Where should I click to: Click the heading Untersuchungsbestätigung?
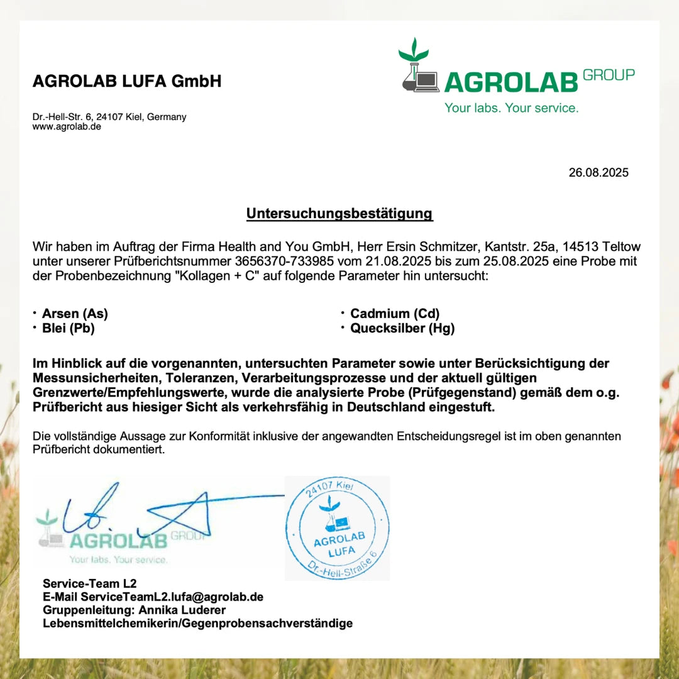(339, 214)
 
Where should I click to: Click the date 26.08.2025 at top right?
(598, 173)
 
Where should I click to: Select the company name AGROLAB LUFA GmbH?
(127, 82)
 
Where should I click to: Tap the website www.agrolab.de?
(67, 126)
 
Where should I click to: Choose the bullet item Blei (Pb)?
(68, 328)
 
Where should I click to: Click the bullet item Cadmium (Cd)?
(395, 314)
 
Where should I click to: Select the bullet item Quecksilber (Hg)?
(402, 328)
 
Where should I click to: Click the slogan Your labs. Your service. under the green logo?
(511, 108)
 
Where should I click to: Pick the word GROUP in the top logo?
(609, 75)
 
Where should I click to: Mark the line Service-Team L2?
(89, 583)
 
